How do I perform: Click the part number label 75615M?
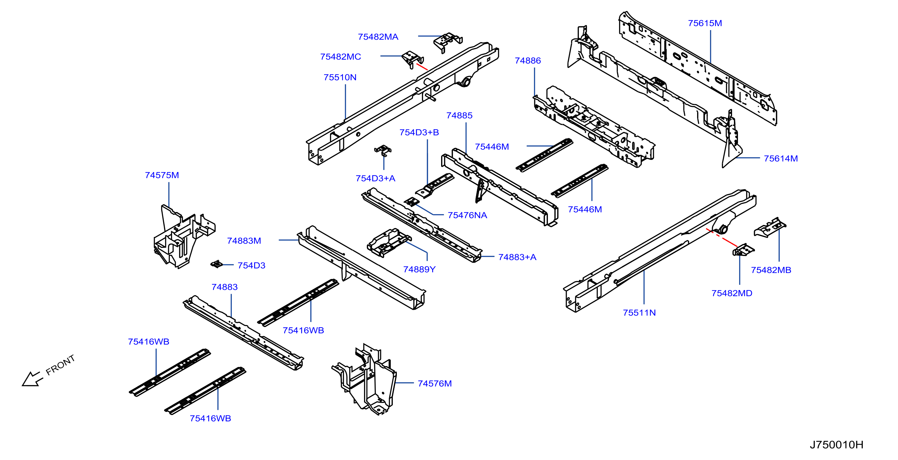[x=705, y=23]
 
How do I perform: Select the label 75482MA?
[x=378, y=37]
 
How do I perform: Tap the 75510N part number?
[x=340, y=77]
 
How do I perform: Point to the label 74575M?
[x=162, y=175]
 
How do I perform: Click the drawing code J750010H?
[x=836, y=445]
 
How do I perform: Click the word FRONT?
[x=60, y=365]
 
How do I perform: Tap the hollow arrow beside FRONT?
[x=32, y=379]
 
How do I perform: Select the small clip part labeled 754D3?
[x=216, y=264]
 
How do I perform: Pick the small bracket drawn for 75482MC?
[x=413, y=59]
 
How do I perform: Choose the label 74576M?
[x=435, y=383]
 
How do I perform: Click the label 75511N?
[x=639, y=313]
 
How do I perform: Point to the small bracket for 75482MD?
[x=743, y=250]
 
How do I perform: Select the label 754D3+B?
[x=419, y=133]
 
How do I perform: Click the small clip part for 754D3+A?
[x=383, y=151]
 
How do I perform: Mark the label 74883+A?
[x=517, y=257]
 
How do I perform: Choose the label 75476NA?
[x=467, y=215]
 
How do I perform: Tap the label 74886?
[x=528, y=61]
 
